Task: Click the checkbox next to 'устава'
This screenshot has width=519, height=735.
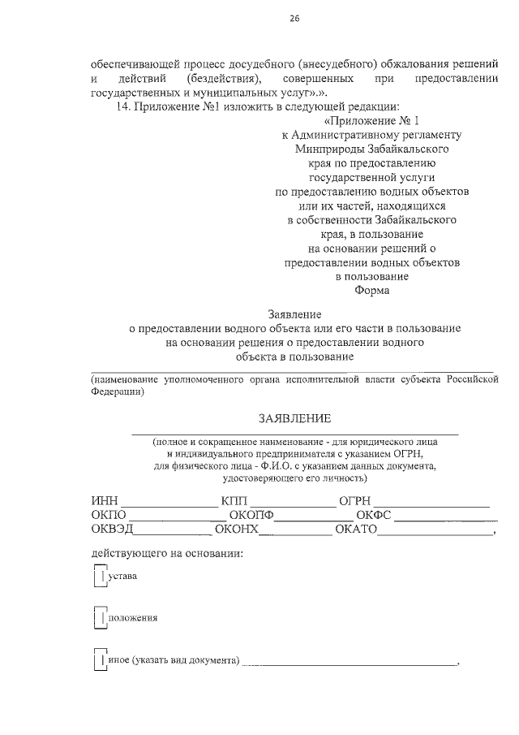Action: tap(98, 577)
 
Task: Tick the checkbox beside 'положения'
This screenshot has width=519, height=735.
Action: tap(98, 617)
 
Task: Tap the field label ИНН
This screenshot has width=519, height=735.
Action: tap(105, 500)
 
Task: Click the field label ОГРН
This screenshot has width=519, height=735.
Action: tap(354, 500)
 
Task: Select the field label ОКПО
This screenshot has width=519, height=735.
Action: tap(109, 516)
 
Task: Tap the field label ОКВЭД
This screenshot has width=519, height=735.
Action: tap(112, 531)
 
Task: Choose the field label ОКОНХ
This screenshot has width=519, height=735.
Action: tap(236, 531)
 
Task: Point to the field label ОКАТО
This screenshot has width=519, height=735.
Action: tap(355, 531)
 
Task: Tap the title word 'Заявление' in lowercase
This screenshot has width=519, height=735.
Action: tap(294, 314)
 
